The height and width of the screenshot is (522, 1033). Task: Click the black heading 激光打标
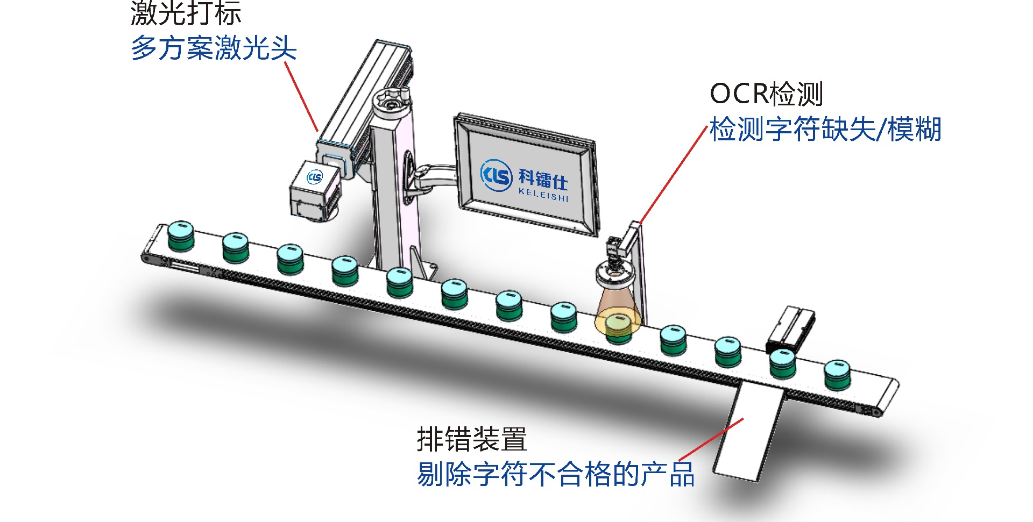click(x=186, y=13)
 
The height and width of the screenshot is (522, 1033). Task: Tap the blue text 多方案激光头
click(x=214, y=48)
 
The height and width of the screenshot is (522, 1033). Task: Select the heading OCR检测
click(x=766, y=94)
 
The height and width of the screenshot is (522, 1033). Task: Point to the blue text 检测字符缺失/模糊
click(x=825, y=130)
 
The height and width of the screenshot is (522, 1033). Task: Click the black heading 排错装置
click(x=472, y=439)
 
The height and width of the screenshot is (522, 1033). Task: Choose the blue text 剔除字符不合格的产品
click(x=555, y=474)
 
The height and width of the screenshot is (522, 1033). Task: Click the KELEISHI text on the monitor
click(x=543, y=195)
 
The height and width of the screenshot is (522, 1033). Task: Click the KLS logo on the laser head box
click(x=315, y=177)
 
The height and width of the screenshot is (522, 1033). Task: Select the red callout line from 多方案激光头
click(x=301, y=97)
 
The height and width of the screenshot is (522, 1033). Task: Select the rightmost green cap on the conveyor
click(x=837, y=374)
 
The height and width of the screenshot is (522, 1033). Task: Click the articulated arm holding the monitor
click(x=430, y=175)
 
